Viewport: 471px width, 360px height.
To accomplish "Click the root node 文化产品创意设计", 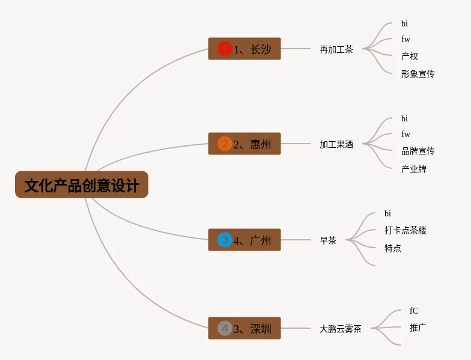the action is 82,185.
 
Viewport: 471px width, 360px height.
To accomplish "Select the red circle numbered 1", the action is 225,49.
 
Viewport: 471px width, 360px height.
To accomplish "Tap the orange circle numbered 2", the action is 225,144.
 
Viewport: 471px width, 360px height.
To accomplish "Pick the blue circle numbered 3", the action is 225,240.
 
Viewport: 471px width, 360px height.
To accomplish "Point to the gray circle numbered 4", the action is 225,328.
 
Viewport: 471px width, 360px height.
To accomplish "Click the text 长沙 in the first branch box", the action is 261,49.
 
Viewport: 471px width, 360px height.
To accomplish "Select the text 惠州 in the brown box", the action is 261,144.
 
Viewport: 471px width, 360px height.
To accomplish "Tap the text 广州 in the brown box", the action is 261,240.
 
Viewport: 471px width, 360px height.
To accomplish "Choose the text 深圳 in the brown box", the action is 261,329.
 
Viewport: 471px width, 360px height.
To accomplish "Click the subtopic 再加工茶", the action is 336,49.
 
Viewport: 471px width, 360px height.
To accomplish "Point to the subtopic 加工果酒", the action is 336,144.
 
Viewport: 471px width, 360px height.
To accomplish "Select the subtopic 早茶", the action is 328,240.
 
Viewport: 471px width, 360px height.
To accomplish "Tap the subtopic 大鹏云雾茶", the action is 340,329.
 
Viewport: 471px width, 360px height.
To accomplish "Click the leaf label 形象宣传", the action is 418,74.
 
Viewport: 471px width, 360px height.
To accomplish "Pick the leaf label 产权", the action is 410,56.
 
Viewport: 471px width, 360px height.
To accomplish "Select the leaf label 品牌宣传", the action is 418,151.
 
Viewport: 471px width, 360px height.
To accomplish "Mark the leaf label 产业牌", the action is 413,169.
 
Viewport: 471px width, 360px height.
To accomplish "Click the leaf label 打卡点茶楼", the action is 405,230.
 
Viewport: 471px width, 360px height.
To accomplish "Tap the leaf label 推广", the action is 418,328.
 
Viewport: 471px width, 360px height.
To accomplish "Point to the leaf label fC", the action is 413,310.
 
